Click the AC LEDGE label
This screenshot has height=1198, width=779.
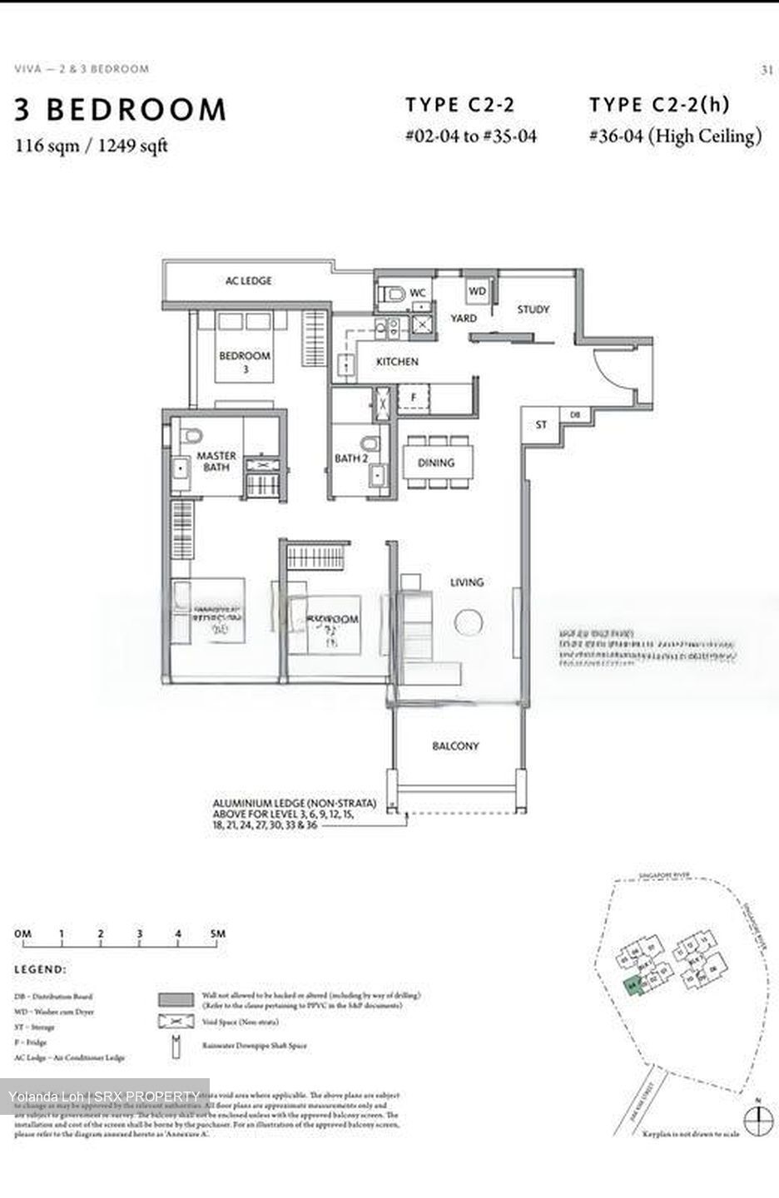click(x=248, y=281)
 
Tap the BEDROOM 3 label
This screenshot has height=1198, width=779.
click(x=245, y=360)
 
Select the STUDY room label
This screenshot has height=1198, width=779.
click(x=533, y=309)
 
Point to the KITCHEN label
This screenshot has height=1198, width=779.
click(x=397, y=362)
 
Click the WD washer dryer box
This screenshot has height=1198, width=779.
click(x=477, y=290)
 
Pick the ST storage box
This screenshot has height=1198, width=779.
click(x=541, y=425)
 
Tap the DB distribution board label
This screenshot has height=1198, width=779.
click(x=574, y=414)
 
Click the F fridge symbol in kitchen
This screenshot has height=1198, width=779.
click(x=414, y=398)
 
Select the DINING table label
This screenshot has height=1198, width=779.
click(x=436, y=463)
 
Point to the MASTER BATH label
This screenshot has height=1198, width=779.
click(x=216, y=461)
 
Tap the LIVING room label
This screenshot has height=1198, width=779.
click(x=466, y=582)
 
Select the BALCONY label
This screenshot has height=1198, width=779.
click(x=455, y=746)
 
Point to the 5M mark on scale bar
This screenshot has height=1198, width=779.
click(x=217, y=934)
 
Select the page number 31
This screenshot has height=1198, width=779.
click(x=767, y=70)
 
